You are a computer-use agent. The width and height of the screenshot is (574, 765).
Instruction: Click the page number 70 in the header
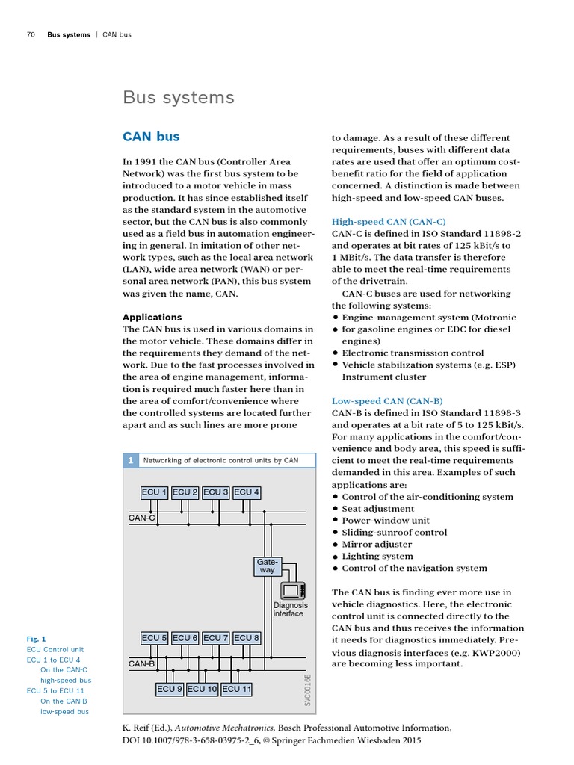click(x=31, y=34)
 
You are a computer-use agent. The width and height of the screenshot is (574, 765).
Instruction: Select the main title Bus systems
click(x=178, y=98)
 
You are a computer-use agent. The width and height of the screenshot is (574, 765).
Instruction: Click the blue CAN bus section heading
click(x=151, y=137)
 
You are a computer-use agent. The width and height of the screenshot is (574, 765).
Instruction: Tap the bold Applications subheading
click(x=152, y=317)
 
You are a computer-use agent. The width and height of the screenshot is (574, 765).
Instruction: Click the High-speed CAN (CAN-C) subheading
click(x=389, y=222)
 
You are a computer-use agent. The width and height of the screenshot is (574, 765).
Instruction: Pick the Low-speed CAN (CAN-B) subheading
click(x=387, y=401)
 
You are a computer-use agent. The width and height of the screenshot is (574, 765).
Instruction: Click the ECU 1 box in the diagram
click(x=155, y=492)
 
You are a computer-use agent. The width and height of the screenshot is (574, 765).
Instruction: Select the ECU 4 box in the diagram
click(x=247, y=492)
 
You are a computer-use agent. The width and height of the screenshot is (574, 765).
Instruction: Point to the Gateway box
click(x=267, y=565)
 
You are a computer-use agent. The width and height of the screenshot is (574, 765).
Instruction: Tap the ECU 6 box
click(x=185, y=638)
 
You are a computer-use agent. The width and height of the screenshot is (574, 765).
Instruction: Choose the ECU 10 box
click(x=202, y=689)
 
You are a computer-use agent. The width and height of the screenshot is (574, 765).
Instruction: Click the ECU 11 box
click(x=236, y=689)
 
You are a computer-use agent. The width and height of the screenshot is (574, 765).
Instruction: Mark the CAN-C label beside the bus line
click(x=142, y=517)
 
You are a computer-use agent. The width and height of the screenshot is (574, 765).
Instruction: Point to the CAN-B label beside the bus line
click(x=142, y=663)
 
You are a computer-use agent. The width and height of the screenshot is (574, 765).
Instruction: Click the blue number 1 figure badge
click(x=130, y=460)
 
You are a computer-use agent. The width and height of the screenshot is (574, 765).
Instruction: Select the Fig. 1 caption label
click(x=37, y=639)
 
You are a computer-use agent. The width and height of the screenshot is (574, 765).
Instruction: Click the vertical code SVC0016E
click(x=307, y=689)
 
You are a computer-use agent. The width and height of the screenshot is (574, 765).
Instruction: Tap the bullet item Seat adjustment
click(x=377, y=509)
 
